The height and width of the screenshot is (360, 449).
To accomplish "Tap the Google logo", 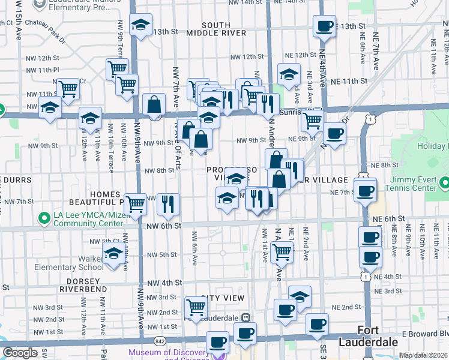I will coord(20,353).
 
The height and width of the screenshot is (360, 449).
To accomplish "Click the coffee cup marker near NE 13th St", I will coord(324,26).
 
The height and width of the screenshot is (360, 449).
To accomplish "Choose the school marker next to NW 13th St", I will coord(141,25).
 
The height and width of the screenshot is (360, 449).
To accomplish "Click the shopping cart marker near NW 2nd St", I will coord(196,308).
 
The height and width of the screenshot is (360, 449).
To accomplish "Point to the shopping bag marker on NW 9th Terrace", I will coord(154,104).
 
